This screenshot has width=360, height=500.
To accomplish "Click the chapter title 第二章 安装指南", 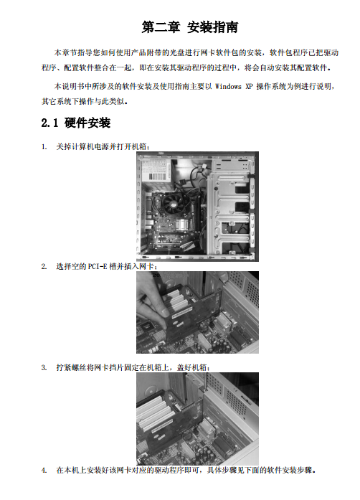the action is click(190, 27).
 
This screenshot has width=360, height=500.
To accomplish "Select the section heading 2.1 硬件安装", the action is click(76, 123).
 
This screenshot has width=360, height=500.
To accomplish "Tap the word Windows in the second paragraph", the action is click(228, 86).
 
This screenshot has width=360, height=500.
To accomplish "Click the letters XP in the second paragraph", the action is click(249, 86).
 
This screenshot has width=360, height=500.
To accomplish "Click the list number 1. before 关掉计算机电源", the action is click(44, 146).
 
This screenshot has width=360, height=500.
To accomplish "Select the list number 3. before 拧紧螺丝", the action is click(44, 368).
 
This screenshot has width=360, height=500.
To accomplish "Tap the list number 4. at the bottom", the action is click(44, 470).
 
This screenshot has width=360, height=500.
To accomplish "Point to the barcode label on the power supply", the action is click(156, 176).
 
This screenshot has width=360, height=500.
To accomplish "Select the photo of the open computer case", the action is click(197, 207).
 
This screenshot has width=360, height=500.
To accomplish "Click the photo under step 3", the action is click(197, 419).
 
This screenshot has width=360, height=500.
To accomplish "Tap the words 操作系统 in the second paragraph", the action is click(271, 86).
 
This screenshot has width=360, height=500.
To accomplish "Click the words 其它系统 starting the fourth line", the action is click(57, 101).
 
